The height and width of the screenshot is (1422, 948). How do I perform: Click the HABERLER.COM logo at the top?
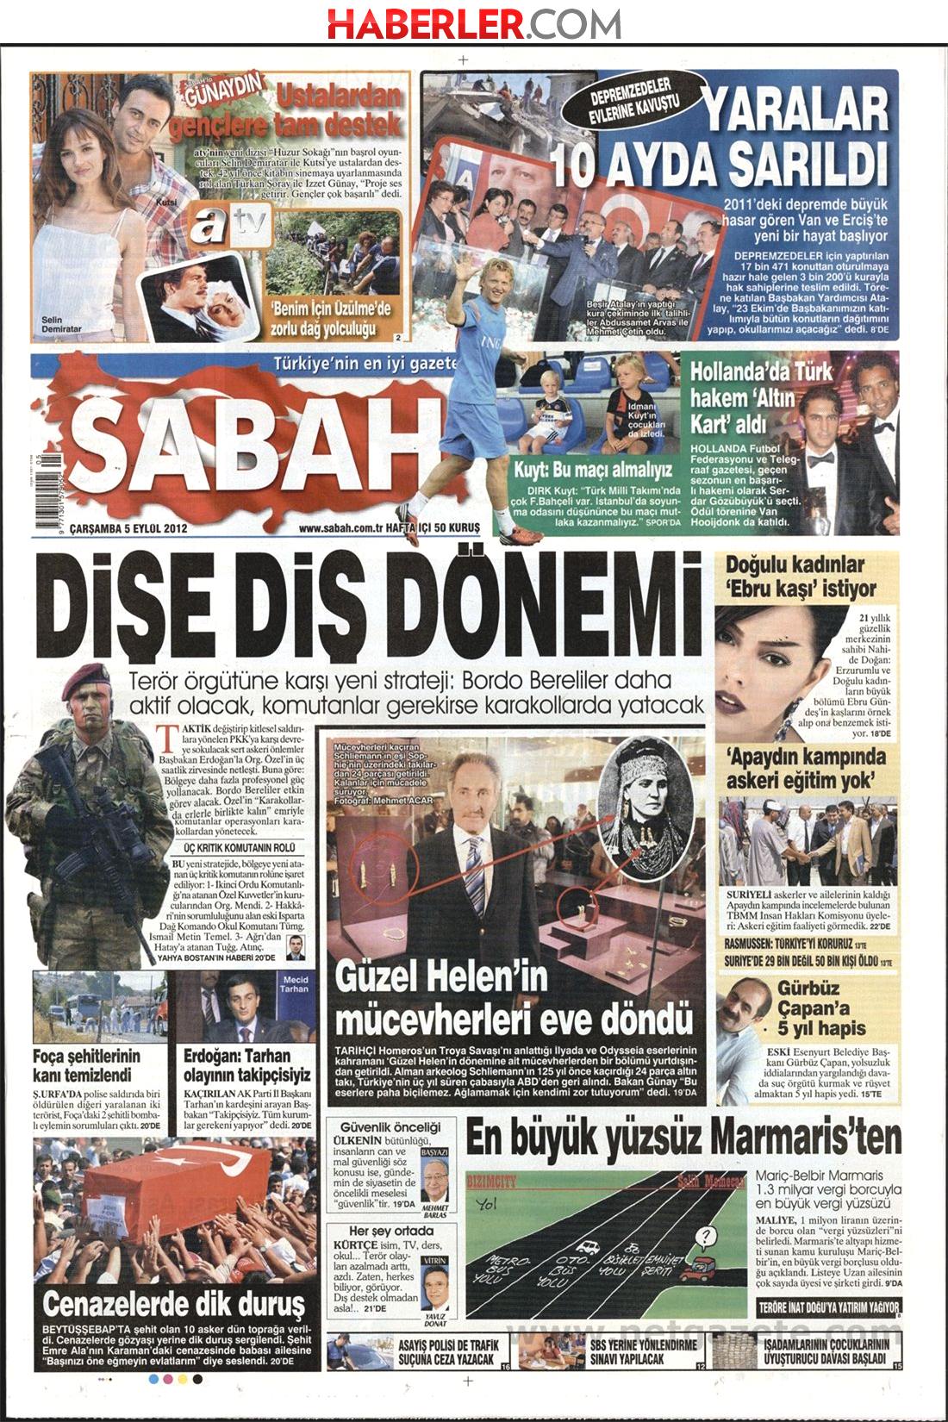(473, 23)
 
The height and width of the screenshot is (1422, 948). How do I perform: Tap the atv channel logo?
(229, 226)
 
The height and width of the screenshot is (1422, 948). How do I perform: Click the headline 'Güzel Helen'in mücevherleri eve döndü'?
(514, 996)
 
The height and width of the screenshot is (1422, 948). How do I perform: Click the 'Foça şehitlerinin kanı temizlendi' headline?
(86, 1065)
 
